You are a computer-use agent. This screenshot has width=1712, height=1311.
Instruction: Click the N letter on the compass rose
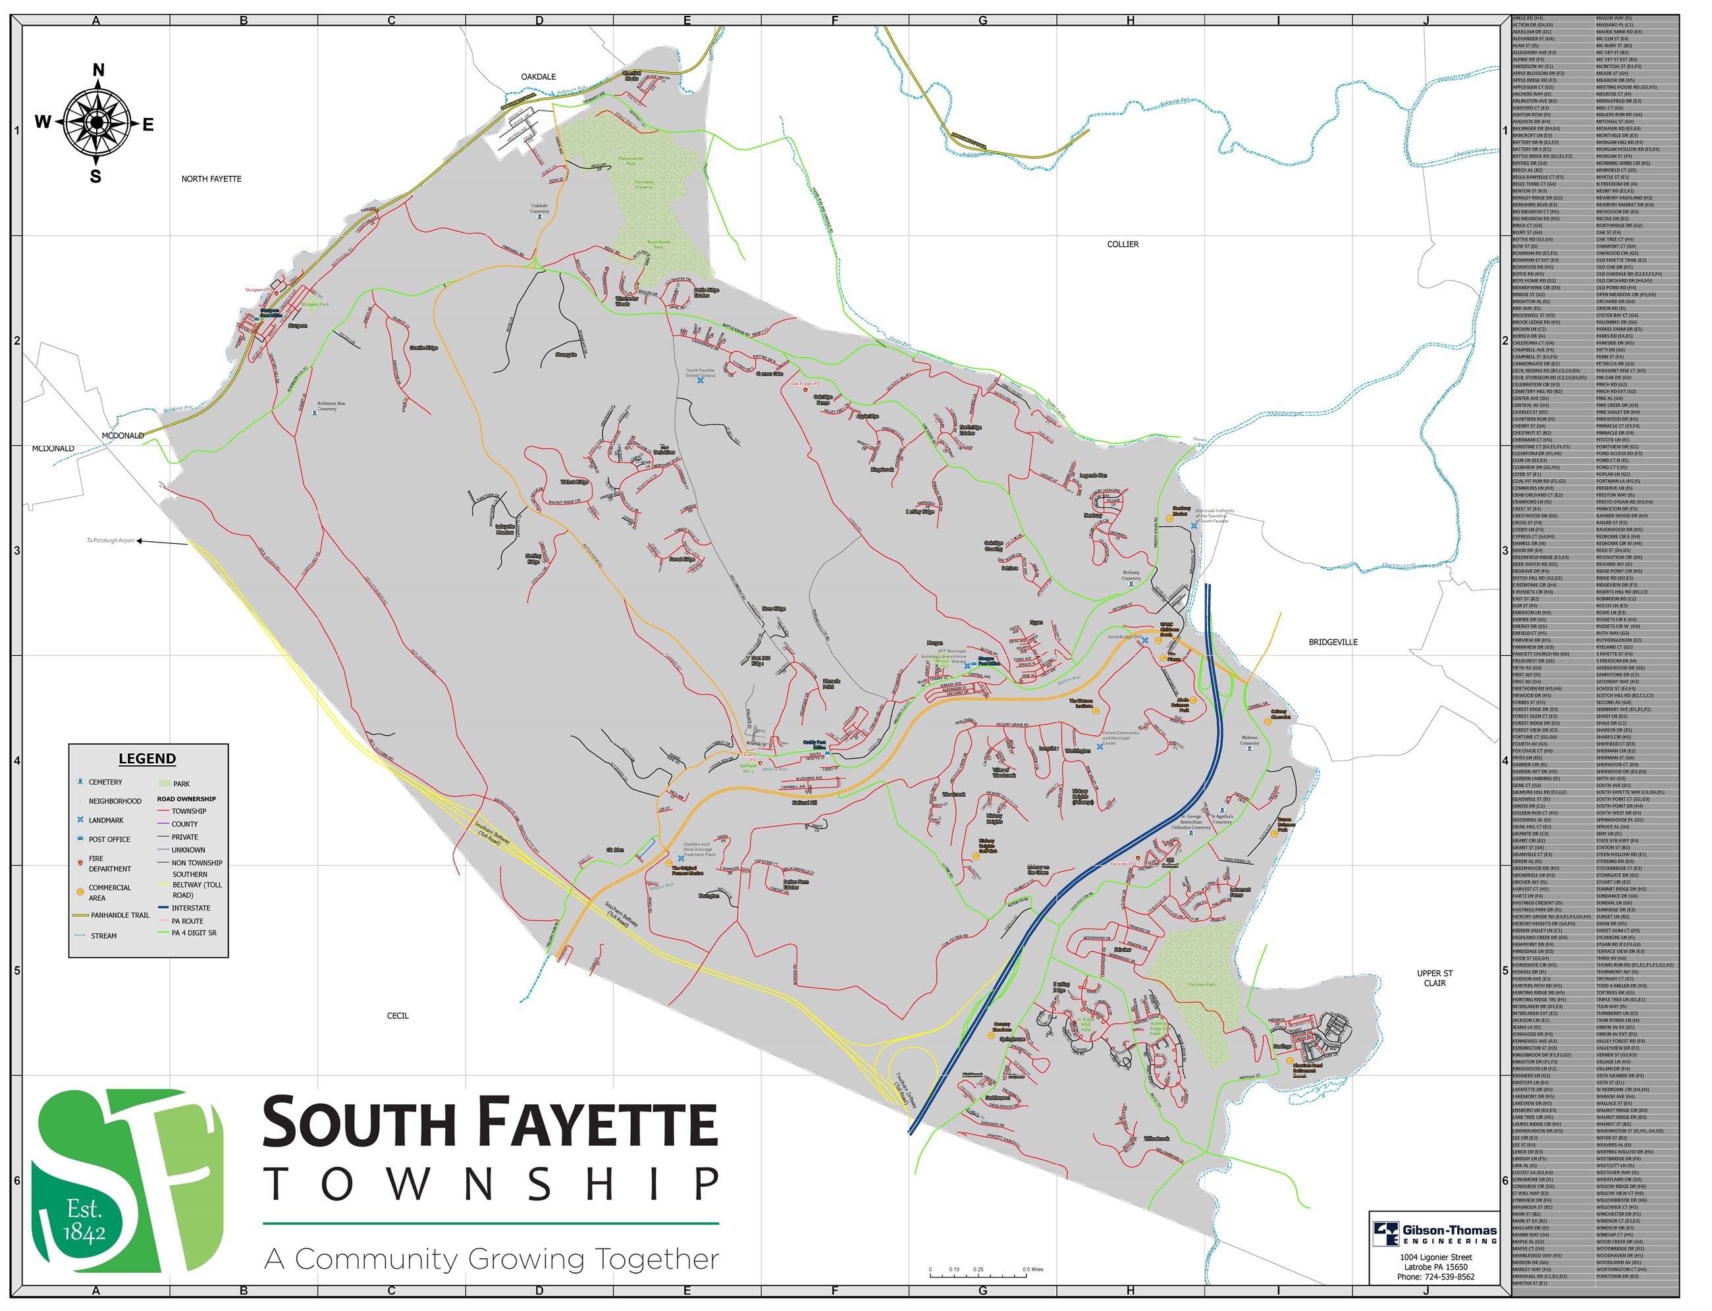click(x=98, y=71)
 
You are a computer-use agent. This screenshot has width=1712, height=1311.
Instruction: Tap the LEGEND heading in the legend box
click(x=147, y=759)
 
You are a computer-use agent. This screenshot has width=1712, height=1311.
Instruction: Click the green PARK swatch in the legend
click(x=164, y=784)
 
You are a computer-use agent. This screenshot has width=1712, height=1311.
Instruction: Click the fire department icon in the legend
click(x=80, y=863)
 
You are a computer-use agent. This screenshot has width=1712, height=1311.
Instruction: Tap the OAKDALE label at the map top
click(x=539, y=76)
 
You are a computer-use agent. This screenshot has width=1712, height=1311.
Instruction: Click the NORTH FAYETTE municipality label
click(x=211, y=178)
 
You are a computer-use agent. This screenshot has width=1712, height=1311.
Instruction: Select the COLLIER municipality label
click(x=1123, y=244)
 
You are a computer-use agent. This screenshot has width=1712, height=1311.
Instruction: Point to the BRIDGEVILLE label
click(x=1333, y=642)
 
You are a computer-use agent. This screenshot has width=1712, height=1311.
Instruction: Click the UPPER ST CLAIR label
click(x=1434, y=978)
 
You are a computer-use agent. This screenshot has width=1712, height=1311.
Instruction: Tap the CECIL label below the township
click(x=397, y=1016)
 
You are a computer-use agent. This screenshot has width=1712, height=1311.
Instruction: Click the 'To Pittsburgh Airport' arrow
click(x=160, y=541)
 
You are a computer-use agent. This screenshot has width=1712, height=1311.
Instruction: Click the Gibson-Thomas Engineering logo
click(x=1434, y=1234)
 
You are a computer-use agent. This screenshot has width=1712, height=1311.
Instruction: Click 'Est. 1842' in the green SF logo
click(x=84, y=1221)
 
